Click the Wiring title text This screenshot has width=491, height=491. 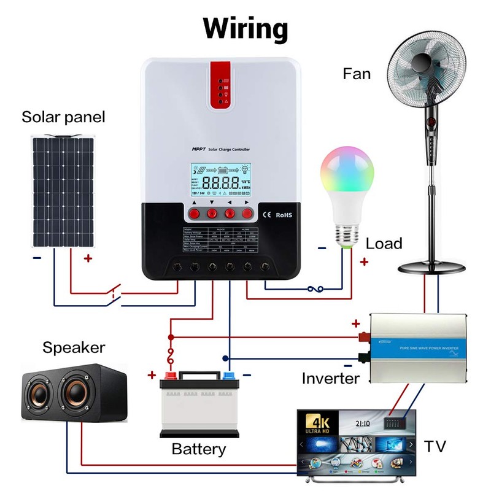pyautogui.click(x=245, y=28)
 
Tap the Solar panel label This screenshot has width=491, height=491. pyautogui.click(x=63, y=117)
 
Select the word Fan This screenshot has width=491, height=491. pyautogui.click(x=357, y=74)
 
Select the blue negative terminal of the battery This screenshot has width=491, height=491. pyautogui.click(x=229, y=376)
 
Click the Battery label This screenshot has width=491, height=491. pyautogui.click(x=198, y=449)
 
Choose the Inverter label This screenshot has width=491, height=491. pyautogui.click(x=330, y=378)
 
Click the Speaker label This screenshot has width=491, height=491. pyautogui.click(x=74, y=348)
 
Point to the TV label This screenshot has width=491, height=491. pyautogui.click(x=435, y=446)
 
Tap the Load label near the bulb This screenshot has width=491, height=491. pyautogui.click(x=384, y=244)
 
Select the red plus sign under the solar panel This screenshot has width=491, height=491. pyautogui.click(x=88, y=258)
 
